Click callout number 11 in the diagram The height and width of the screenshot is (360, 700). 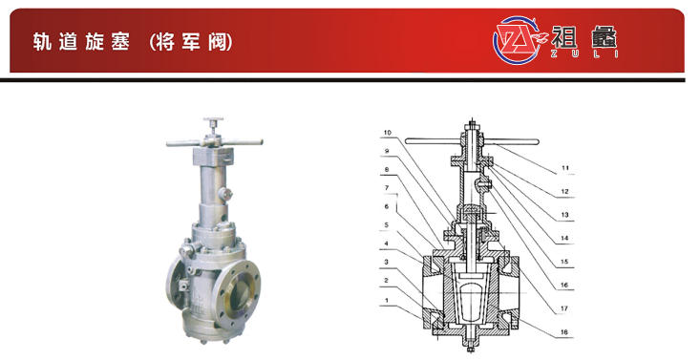coord(565,168)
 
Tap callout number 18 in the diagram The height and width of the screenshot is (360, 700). coord(563,332)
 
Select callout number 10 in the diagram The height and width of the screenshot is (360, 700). coord(387,133)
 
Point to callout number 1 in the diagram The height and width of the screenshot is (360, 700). coord(387,300)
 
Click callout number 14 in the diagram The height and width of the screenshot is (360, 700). coord(564,238)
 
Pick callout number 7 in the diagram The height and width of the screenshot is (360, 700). coord(387,188)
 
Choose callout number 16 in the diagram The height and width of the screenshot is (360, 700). coord(564,285)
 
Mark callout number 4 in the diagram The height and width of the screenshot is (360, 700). coord(387,244)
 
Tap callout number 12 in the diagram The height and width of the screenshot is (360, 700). coord(564,192)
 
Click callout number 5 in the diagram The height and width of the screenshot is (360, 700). coord(387,225)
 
